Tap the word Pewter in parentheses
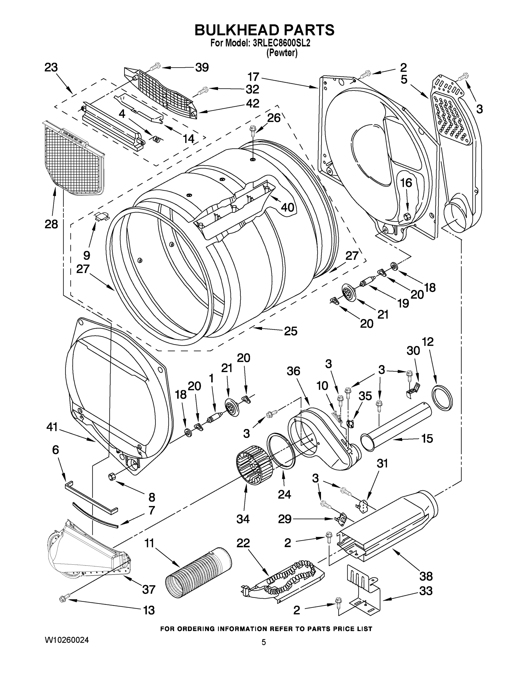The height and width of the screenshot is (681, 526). (282, 53)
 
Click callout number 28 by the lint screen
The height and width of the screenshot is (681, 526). (51, 224)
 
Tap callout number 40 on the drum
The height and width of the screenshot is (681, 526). (287, 207)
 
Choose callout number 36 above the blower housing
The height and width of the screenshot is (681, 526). (293, 371)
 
